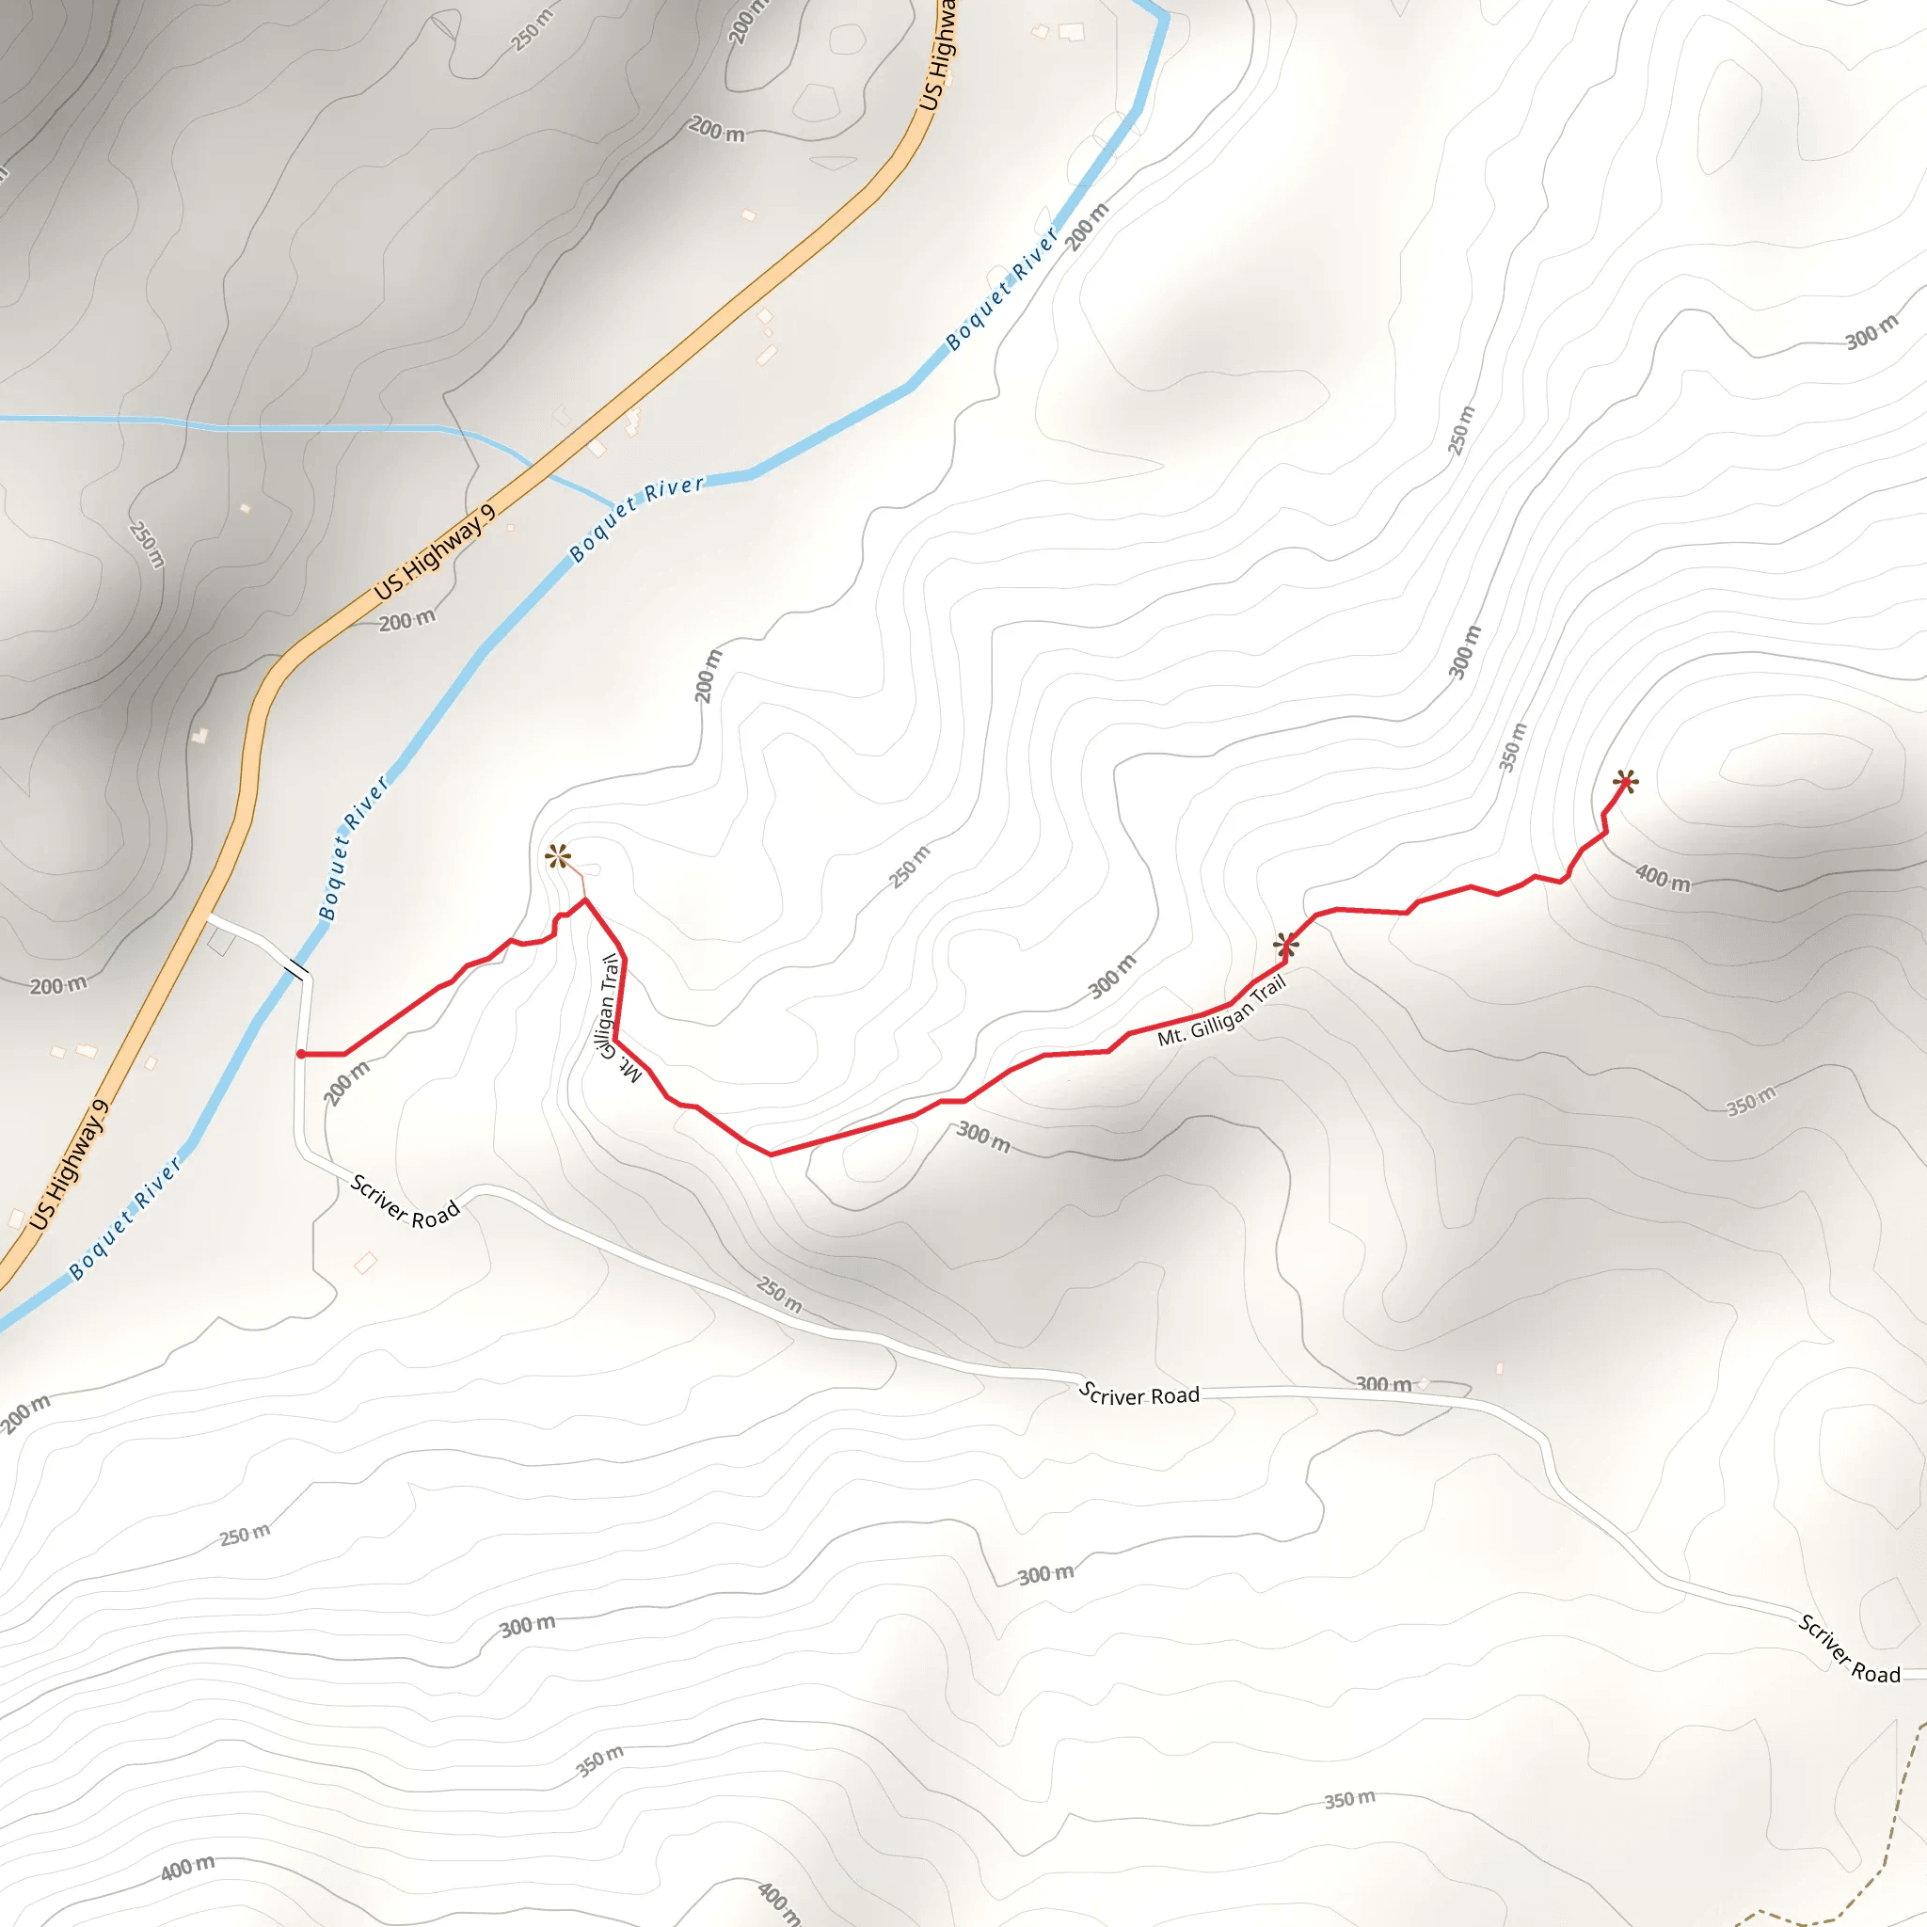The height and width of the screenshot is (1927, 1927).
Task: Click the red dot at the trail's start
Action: (x=300, y=1053)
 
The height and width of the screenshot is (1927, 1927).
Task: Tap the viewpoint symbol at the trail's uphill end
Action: (x=1625, y=781)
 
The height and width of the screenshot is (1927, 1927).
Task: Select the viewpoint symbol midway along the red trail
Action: (x=1285, y=944)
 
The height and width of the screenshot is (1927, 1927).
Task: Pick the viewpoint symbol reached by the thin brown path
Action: (x=558, y=856)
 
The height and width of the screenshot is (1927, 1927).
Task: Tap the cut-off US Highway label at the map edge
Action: (x=936, y=55)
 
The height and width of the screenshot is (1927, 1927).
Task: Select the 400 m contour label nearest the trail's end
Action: (x=1663, y=878)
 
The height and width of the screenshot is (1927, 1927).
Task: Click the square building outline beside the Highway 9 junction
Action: (x=221, y=942)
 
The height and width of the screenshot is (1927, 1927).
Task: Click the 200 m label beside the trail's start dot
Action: (x=347, y=1082)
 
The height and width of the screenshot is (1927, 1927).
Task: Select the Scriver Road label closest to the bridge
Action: (x=405, y=1201)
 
